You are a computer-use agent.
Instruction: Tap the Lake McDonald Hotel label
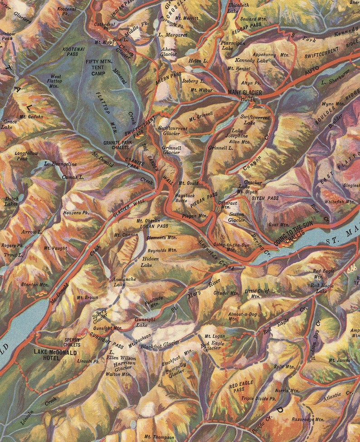tap(55, 355)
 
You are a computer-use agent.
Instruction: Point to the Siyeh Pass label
tap(266, 198)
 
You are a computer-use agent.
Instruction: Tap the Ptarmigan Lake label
tap(234, 45)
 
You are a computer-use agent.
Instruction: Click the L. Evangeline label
tap(60, 164)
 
